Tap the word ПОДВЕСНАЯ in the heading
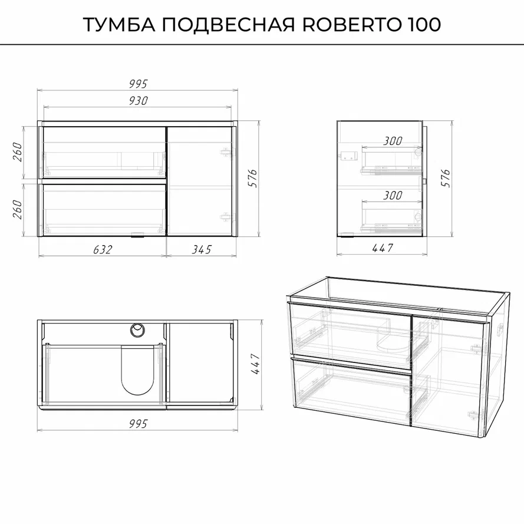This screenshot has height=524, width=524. coord(229,24)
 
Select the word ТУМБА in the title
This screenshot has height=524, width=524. coord(119,24)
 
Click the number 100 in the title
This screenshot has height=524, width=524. coord(424,24)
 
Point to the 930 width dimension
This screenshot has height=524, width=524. coord(139,101)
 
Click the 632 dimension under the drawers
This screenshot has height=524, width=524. coord(103,249)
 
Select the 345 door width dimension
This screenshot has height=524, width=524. coord(202,249)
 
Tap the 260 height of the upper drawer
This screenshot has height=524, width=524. coord(17,152)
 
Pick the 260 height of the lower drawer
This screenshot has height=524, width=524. coord(17,209)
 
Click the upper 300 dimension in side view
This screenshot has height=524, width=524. coord(393,141)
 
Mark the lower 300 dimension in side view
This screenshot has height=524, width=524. coord(393,195)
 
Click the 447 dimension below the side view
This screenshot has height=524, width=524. coord(383,248)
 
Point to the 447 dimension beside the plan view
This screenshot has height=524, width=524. coord(255,364)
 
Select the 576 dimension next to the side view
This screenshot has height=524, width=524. coord(446,178)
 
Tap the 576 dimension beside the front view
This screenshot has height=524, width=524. coord(253,178)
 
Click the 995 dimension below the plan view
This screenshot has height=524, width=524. coord(139,424)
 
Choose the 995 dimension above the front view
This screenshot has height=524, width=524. coord(139,84)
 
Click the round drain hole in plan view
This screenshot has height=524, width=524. coord(137,330)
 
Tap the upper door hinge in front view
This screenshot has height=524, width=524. coord(226,153)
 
